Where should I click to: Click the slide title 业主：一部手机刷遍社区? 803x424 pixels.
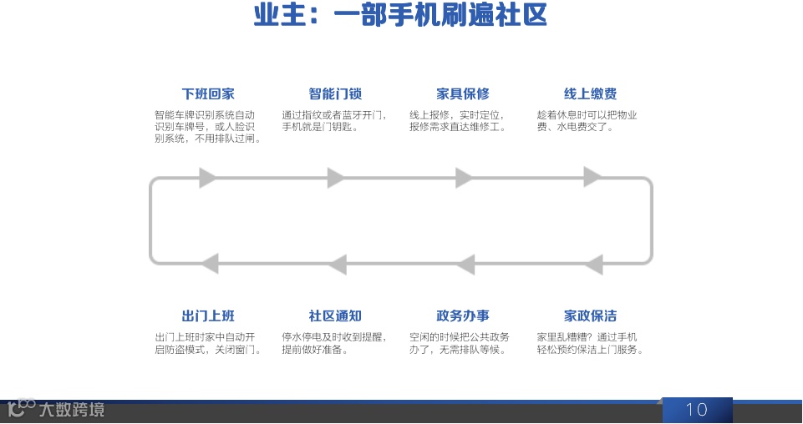pyautogui.click(x=400, y=16)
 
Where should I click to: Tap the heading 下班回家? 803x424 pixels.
pyautogui.click(x=208, y=93)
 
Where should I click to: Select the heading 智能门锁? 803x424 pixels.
pyautogui.click(x=335, y=93)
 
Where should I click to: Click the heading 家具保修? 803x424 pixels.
pyautogui.click(x=463, y=93)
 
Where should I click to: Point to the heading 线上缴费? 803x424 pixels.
pyautogui.click(x=590, y=93)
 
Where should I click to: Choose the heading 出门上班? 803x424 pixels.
pyautogui.click(x=208, y=315)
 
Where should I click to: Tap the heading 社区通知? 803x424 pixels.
pyautogui.click(x=335, y=315)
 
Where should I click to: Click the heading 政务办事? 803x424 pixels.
pyautogui.click(x=463, y=315)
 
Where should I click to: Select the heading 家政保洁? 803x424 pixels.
pyautogui.click(x=590, y=315)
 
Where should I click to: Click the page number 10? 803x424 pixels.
pyautogui.click(x=696, y=409)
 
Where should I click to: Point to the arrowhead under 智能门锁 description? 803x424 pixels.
pyautogui.click(x=336, y=177)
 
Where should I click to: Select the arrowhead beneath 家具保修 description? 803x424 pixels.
pyautogui.click(x=464, y=177)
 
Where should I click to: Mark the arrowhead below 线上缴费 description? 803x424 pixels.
pyautogui.click(x=592, y=177)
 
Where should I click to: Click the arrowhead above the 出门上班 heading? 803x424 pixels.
pyautogui.click(x=209, y=264)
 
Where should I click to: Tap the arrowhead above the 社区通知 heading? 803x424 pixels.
pyautogui.click(x=337, y=264)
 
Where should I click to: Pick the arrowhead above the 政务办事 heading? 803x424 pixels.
pyautogui.click(x=465, y=264)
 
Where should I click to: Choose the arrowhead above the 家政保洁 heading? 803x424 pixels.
pyautogui.click(x=592, y=264)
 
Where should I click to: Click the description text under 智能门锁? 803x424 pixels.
pyautogui.click(x=334, y=121)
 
